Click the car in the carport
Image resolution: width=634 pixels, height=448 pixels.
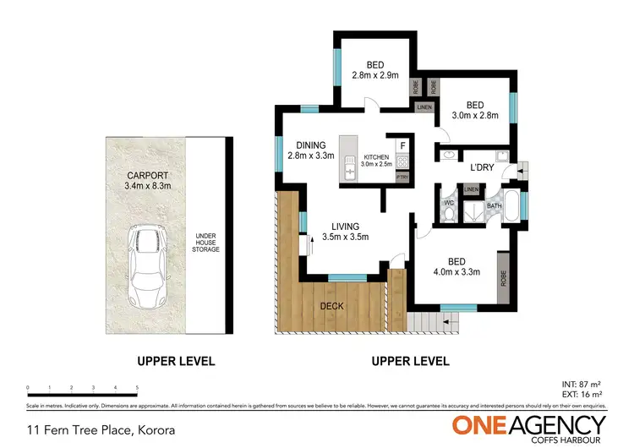coord(146,267)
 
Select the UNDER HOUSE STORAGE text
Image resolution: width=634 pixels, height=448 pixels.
coord(205,243)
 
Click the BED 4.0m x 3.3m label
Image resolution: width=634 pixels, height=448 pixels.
coord(458,266)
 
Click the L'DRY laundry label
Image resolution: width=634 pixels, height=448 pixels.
coord(482,167)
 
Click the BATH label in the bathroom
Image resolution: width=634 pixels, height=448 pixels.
coord(493,204)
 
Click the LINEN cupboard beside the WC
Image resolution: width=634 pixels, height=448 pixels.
coord(472,188)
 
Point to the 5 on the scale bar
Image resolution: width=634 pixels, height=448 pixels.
coord(137,389)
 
